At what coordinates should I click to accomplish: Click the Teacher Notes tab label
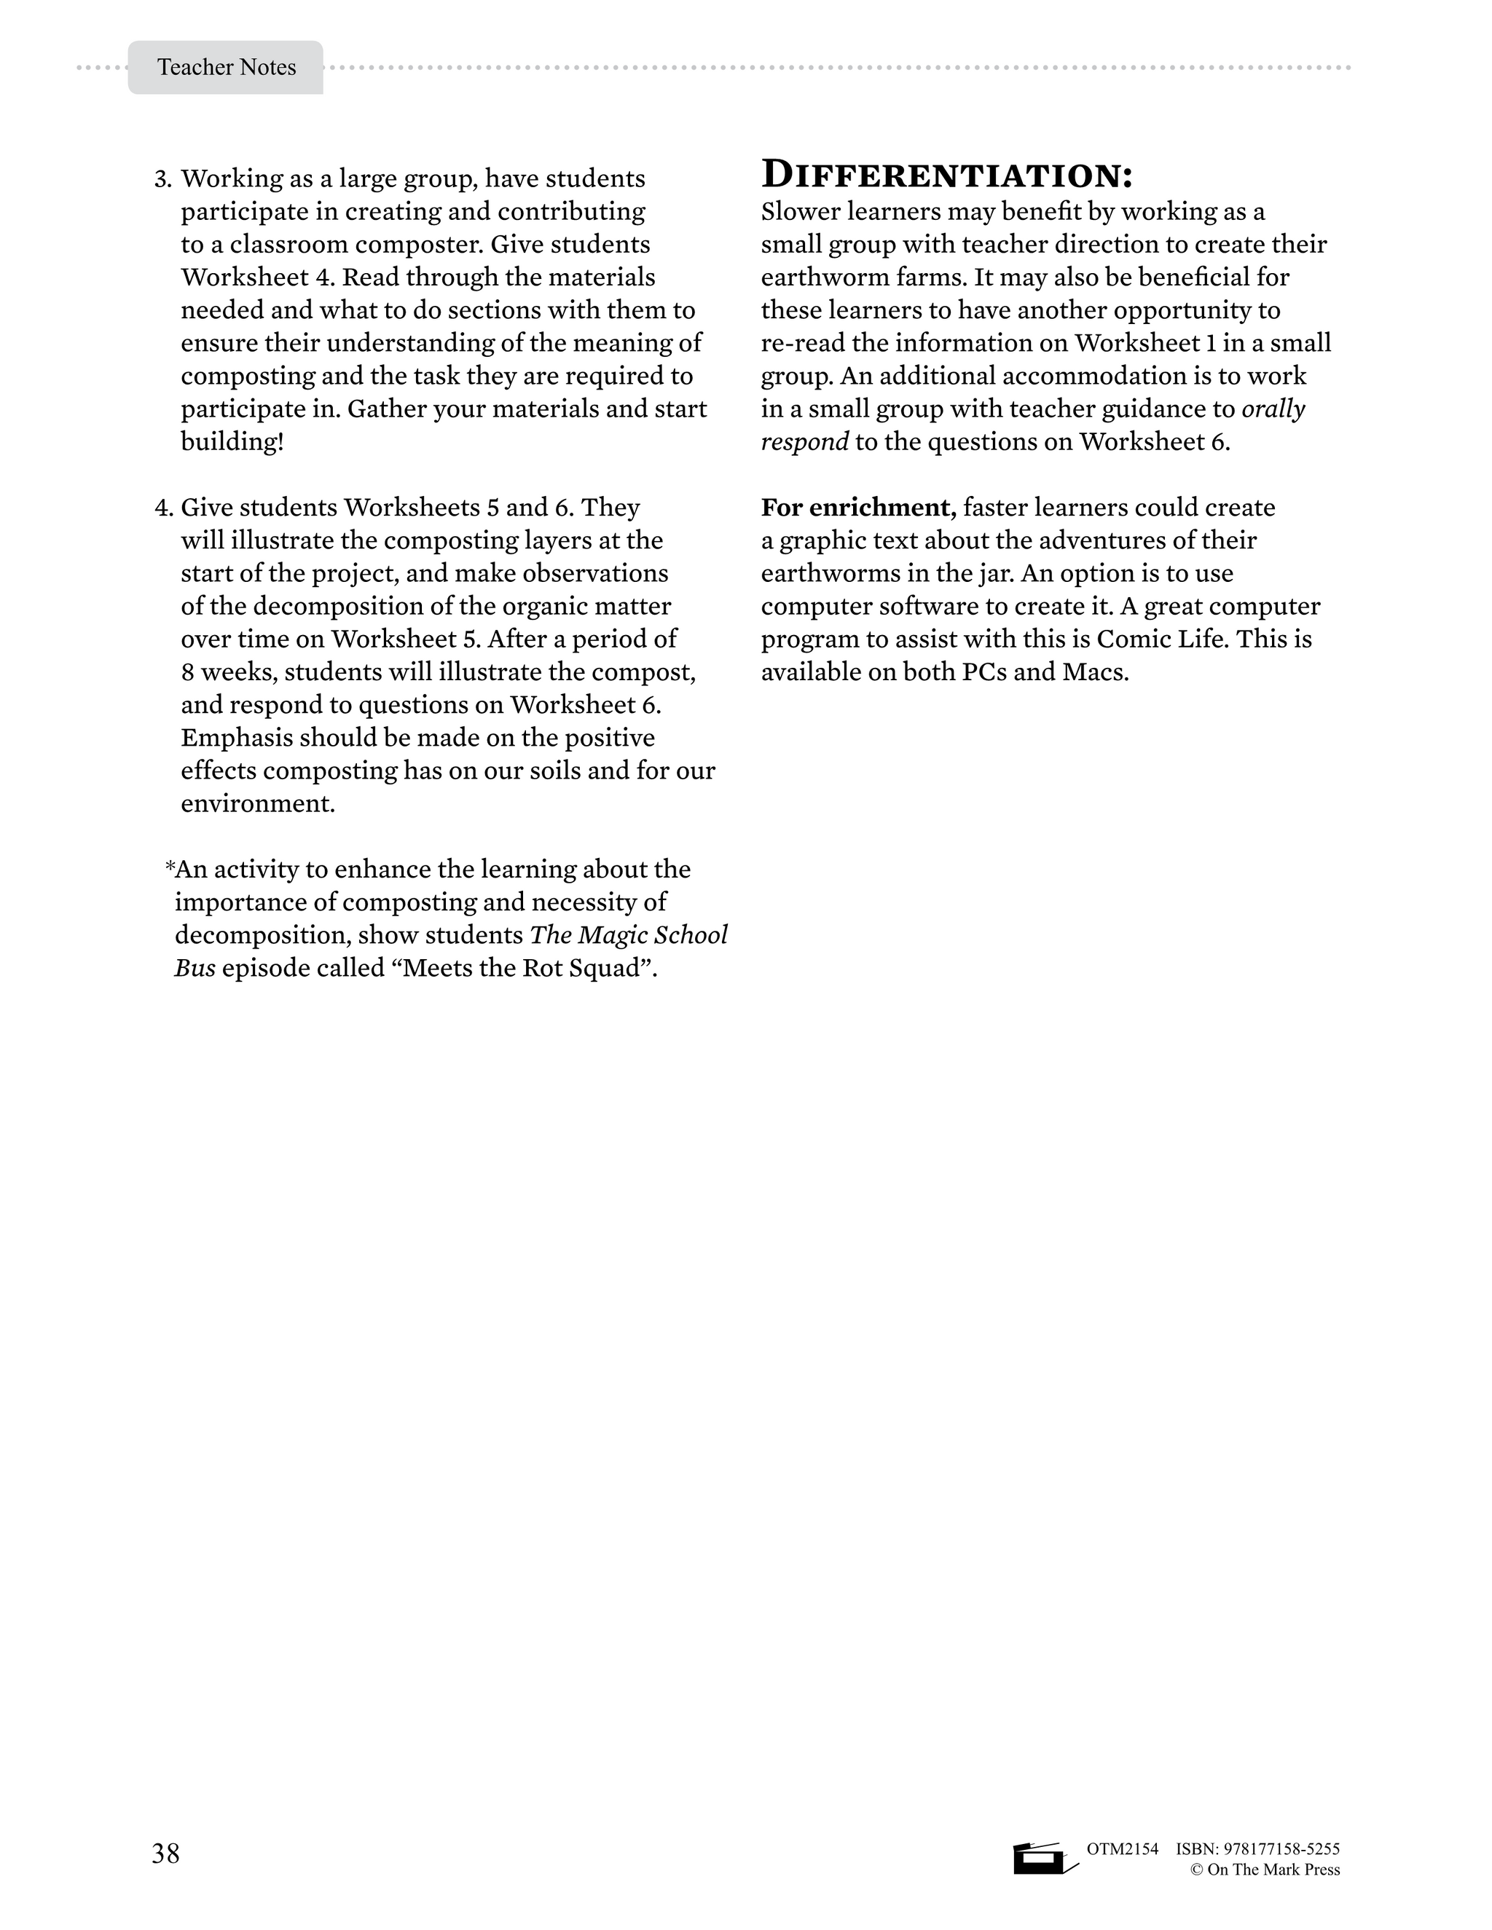(227, 67)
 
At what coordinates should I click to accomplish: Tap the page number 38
(165, 1852)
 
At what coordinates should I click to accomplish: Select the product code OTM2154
(1122, 1848)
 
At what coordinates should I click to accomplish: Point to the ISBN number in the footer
(1257, 1848)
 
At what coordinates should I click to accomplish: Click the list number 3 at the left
(162, 179)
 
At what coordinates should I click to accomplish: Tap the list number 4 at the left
(162, 508)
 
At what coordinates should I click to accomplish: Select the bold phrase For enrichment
(858, 508)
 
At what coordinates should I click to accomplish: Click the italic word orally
(1273, 409)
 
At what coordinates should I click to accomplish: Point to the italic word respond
(804, 442)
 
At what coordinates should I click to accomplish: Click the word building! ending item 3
(232, 442)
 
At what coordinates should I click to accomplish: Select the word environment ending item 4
(257, 804)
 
